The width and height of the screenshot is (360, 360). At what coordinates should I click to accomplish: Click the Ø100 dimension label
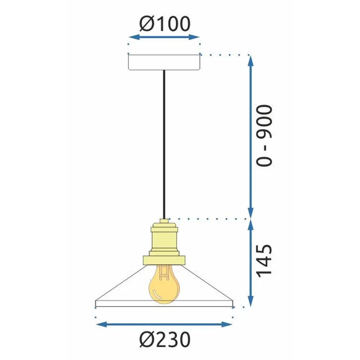tap(164, 24)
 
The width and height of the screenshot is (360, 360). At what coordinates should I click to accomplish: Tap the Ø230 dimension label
tap(164, 339)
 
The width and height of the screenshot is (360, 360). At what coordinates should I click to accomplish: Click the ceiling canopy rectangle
tap(164, 62)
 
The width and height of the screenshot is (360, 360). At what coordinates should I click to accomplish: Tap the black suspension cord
tap(164, 144)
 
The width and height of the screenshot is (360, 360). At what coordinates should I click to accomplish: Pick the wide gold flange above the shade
tap(164, 260)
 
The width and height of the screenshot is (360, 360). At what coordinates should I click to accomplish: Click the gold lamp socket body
tap(164, 239)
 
